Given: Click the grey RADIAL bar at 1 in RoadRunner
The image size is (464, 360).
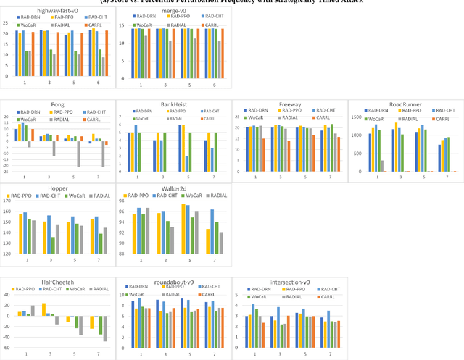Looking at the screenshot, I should (382, 166).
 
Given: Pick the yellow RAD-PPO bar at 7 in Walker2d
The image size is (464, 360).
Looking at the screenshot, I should (207, 242).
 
